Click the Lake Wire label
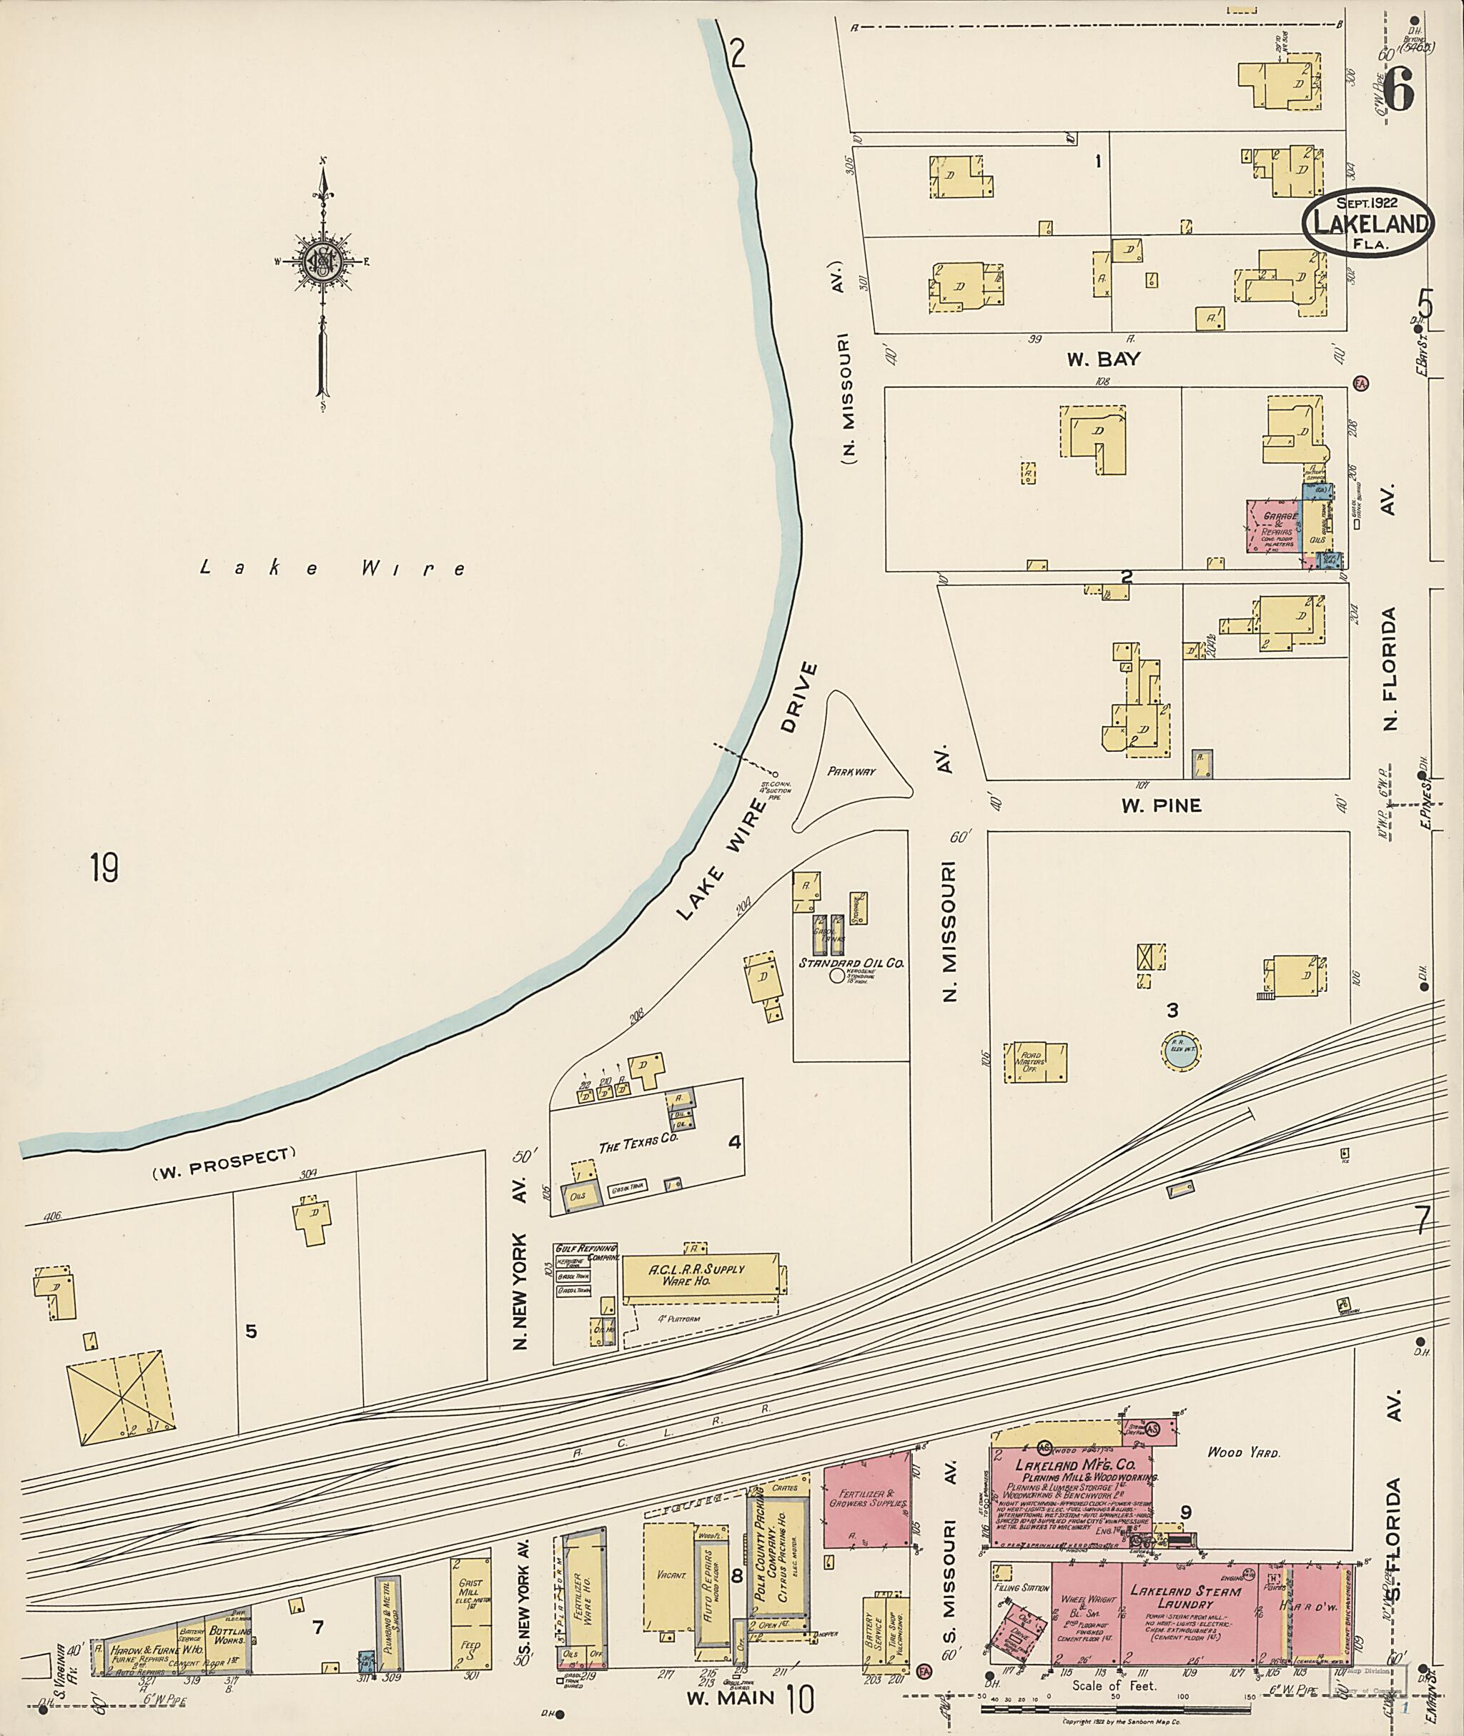click(x=334, y=568)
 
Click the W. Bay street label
click(x=1103, y=359)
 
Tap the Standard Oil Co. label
click(x=851, y=963)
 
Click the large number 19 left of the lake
click(x=104, y=868)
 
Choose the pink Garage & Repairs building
click(x=1272, y=526)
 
